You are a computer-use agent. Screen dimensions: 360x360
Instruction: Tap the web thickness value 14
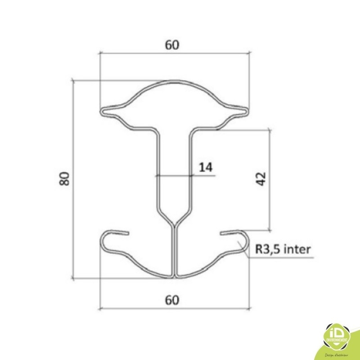[x=205, y=167]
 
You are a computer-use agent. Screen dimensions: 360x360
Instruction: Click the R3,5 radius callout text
[x=266, y=249]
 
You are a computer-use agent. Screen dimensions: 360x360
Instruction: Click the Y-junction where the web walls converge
[x=174, y=225]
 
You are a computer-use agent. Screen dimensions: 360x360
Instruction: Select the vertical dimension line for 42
[x=270, y=180]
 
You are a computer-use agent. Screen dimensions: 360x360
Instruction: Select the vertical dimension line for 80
[x=72, y=180]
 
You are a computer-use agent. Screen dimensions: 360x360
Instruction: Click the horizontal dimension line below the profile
[x=135, y=309]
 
